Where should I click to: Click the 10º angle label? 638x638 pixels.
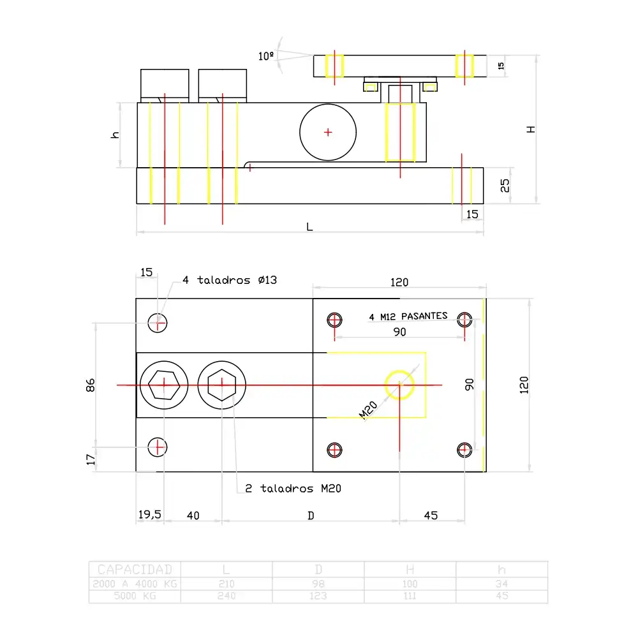[x=266, y=56]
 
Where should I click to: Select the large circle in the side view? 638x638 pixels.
[x=327, y=132]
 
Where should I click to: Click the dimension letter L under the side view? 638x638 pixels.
[x=309, y=226]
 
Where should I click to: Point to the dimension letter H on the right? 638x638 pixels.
[x=531, y=129]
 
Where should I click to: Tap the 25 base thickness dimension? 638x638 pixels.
[x=505, y=186]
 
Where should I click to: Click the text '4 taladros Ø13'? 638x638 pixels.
[x=230, y=280]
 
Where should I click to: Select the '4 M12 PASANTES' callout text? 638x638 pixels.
[x=408, y=316]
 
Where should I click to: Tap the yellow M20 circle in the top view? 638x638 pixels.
[x=399, y=385]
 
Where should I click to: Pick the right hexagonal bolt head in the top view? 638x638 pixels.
[x=221, y=385]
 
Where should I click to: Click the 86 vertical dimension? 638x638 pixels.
[x=91, y=385]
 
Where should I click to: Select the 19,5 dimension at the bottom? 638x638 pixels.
[x=150, y=515]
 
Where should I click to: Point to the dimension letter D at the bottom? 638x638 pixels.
[x=311, y=516]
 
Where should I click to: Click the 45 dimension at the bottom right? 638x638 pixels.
[x=431, y=516]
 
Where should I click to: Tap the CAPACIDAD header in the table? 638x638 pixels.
[x=135, y=569]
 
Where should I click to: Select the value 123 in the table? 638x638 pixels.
[x=318, y=596]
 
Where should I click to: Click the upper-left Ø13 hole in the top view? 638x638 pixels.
[x=158, y=323]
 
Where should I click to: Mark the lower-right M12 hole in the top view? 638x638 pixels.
[x=465, y=450]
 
